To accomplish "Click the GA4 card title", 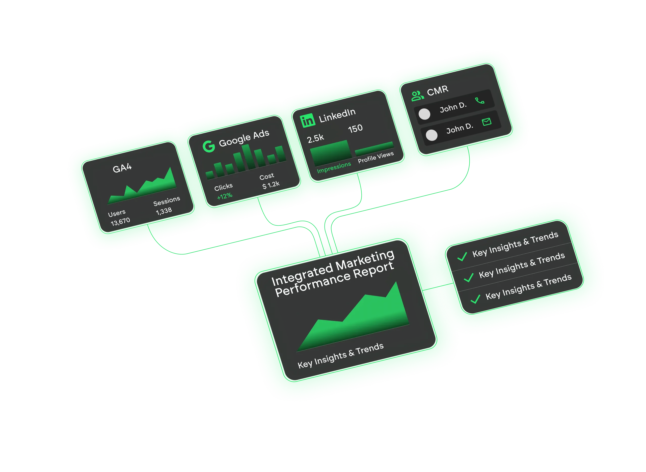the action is point(122,168).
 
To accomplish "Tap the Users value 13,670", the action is point(120,221).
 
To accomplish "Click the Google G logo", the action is point(209,146).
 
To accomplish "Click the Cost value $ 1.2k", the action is point(271,185).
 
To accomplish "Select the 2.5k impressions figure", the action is point(315,139).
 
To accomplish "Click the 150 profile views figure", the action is point(355,129).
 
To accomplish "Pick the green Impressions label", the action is point(334,167).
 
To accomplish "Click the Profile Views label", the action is point(375,157).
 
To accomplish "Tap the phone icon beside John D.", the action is point(479,101).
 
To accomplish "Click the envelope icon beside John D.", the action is point(487,122).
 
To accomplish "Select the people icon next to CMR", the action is point(418,96).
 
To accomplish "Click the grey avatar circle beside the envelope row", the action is point(432,135).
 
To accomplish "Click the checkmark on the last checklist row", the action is point(475,299).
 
